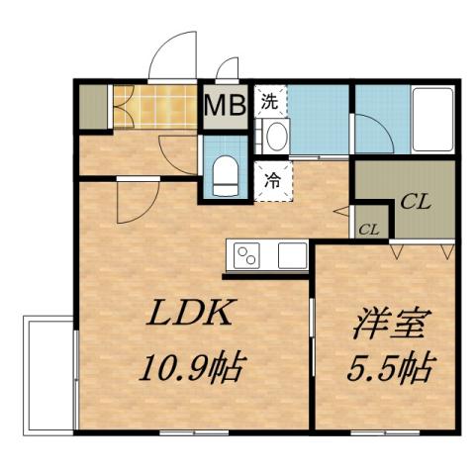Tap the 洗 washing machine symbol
[x=269, y=100]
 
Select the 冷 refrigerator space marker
[x=271, y=181]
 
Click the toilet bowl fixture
[x=223, y=174]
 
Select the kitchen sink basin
[x=292, y=254]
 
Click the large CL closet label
[x=414, y=204]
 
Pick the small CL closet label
[x=369, y=229]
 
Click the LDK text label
[x=190, y=315]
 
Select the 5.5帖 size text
[x=389, y=369]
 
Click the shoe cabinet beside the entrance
[x=93, y=107]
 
